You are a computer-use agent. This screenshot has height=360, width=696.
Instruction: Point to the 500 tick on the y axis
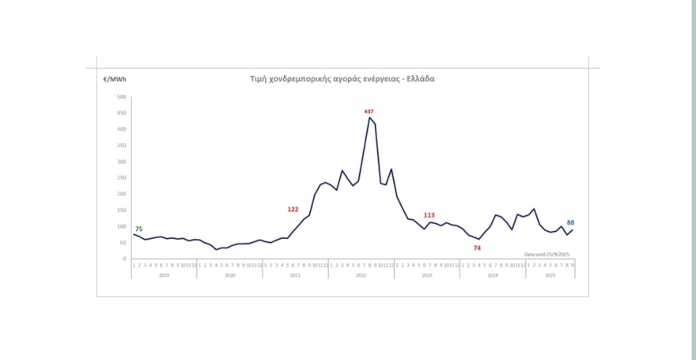click(122, 97)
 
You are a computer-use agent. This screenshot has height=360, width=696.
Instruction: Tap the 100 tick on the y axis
click(122, 226)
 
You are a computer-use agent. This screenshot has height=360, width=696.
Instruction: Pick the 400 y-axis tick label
click(122, 129)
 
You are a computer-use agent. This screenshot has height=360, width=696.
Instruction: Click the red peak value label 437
click(369, 112)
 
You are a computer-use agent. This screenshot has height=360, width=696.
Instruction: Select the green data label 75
click(138, 229)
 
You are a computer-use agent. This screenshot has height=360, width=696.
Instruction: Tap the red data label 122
click(293, 210)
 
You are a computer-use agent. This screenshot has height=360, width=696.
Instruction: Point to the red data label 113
click(429, 215)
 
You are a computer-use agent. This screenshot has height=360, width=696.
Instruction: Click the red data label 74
click(477, 248)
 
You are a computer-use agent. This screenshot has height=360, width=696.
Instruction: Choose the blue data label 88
click(570, 223)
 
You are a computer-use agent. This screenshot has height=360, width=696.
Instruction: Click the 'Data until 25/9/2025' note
click(547, 254)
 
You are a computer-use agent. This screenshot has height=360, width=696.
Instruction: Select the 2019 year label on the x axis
click(164, 275)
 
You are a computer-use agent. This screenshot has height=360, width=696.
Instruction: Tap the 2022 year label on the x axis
click(361, 275)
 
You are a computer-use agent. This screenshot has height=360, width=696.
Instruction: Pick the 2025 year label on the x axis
click(550, 275)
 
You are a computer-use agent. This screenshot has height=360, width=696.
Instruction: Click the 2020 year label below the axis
click(229, 275)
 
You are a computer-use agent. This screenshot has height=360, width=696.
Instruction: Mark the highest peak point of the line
click(369, 118)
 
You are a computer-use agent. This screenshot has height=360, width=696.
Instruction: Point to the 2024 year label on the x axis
click(492, 275)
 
